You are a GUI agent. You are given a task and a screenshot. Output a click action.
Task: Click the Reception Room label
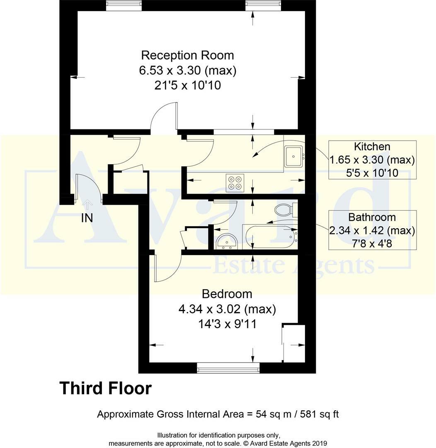coord(187,55)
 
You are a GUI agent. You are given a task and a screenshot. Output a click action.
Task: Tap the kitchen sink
coord(293,156)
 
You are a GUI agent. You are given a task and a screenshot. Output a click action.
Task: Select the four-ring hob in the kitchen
coord(235,183)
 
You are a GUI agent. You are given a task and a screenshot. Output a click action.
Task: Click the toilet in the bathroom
coord(284,210)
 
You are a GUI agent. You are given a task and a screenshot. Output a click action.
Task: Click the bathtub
coord(269,236)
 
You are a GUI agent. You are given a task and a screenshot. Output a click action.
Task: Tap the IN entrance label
coord(87,218)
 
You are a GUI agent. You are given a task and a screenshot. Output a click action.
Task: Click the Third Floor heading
coord(105,389)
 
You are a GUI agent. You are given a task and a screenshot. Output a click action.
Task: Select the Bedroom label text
coord(227,294)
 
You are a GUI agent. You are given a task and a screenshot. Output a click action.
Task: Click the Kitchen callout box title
coord(372,146)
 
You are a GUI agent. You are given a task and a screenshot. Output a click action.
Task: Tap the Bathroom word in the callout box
coord(372,217)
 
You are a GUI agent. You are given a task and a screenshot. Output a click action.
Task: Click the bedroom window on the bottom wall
coord(228,367)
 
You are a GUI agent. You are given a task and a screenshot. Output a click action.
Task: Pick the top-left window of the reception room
coord(124,5)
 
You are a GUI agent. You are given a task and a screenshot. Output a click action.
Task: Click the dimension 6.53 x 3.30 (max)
coord(187,71)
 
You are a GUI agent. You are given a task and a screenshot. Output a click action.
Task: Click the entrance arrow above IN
coord(87,203)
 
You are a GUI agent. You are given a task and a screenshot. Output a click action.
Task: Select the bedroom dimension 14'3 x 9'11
coord(227,324)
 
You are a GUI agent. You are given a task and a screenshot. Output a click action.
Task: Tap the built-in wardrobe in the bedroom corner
coord(294,343)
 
